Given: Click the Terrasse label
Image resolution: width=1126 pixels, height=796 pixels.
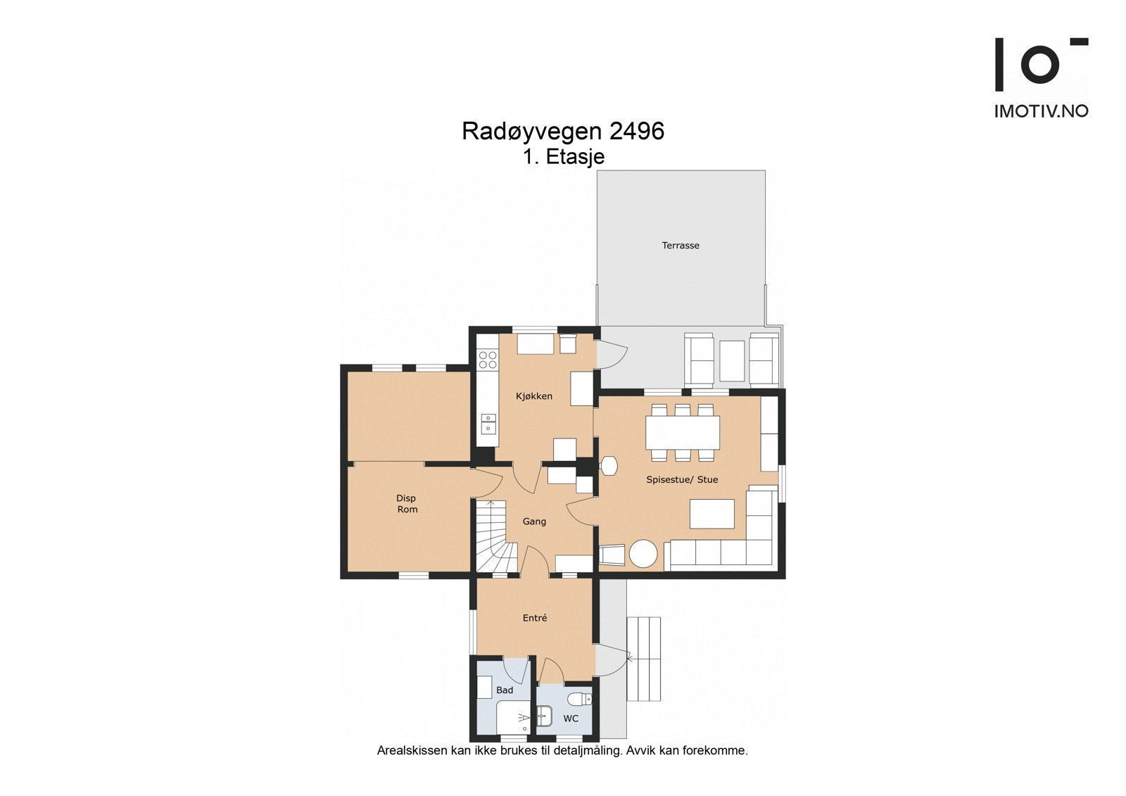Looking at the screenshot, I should (680, 246).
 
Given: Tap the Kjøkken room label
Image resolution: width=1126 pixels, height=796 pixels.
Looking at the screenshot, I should (533, 396).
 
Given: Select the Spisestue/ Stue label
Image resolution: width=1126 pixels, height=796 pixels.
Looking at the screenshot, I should (682, 480).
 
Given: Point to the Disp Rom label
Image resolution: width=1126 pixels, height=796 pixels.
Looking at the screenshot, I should (407, 504).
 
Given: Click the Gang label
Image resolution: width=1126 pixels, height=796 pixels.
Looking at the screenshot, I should (534, 522).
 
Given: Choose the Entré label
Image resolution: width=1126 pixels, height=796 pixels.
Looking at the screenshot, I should (535, 618).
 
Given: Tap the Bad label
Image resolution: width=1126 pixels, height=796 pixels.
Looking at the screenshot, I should (505, 690).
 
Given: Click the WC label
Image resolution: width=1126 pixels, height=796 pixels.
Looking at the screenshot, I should (571, 719).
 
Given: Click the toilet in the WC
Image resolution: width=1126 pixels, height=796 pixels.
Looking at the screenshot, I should (580, 699).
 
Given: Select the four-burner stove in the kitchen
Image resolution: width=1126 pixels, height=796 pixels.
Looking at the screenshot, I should (487, 360).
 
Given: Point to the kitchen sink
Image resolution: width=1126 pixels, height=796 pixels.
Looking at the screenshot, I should (488, 424).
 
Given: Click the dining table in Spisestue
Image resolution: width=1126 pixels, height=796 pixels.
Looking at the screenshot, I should (683, 433).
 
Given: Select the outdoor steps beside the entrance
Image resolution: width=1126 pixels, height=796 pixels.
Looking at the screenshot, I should (643, 659).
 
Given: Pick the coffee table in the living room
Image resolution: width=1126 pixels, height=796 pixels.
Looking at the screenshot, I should (711, 513).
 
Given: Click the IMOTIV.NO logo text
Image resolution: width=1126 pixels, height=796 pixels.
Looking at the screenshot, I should (1040, 111).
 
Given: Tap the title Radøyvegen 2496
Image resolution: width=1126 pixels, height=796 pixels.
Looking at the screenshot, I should (562, 132).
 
